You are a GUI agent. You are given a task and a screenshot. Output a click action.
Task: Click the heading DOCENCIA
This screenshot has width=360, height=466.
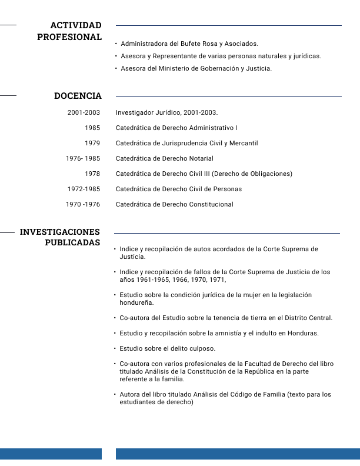click(x=78, y=96)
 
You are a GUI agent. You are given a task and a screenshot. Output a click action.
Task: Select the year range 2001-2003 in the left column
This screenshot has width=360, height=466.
click(x=84, y=112)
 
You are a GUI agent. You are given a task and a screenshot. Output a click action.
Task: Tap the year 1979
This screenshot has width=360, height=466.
click(x=92, y=143)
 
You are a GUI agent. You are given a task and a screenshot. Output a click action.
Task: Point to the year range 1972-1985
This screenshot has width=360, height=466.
click(x=84, y=189)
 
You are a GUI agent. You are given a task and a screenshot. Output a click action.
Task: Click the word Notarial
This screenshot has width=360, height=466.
click(x=201, y=158)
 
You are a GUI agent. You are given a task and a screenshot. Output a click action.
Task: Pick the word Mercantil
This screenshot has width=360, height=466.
click(x=242, y=143)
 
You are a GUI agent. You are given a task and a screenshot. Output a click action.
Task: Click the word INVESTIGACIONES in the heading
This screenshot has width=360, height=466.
click(x=60, y=232)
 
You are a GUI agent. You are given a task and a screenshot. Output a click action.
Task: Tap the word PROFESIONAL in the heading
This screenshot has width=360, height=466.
click(x=69, y=37)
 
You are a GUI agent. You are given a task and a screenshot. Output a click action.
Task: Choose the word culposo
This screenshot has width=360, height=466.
click(x=202, y=348)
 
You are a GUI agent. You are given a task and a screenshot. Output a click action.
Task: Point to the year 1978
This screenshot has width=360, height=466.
click(x=92, y=174)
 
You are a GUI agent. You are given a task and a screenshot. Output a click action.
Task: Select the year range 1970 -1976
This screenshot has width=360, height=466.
click(x=83, y=204)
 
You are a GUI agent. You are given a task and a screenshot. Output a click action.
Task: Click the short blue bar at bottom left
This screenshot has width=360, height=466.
click(x=51, y=454)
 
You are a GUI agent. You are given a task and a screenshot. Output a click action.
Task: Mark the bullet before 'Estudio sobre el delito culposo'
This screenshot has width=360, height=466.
click(x=115, y=348)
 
